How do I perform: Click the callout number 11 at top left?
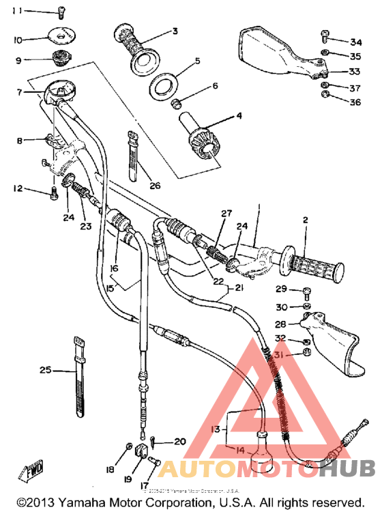tap(16, 11)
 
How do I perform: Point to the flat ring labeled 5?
tap(164, 87)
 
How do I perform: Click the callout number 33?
tap(355, 71)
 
